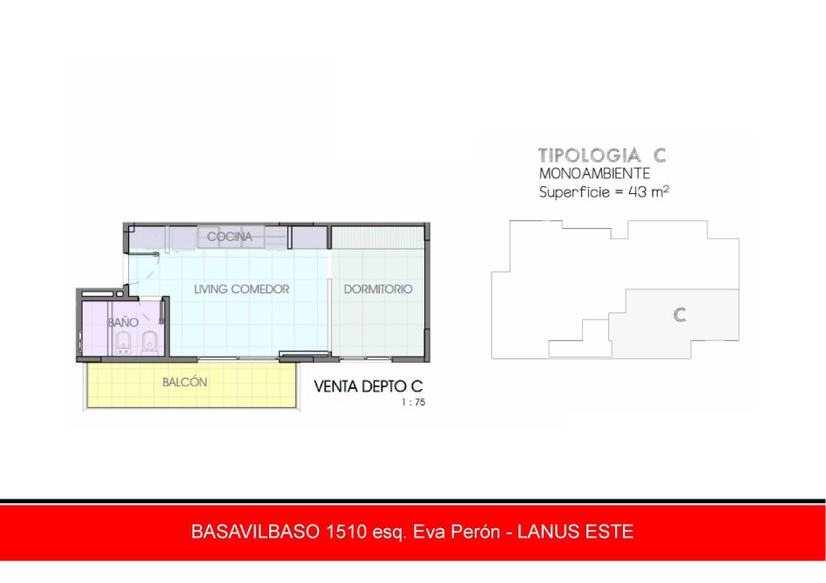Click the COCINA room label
point(229,237)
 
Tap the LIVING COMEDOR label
point(241,289)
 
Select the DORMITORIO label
point(377,289)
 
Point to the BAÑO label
point(123,322)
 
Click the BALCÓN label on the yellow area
point(185,382)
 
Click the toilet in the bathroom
point(150,343)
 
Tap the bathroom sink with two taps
point(124,343)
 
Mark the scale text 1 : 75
point(413,403)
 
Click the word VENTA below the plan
point(336,386)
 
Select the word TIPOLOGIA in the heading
point(590,155)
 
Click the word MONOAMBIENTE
point(594,174)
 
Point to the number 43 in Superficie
point(638,192)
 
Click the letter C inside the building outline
point(680,315)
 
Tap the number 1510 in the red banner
point(347,532)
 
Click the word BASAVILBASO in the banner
point(255,532)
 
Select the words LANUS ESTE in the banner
point(575,532)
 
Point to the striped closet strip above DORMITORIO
point(377,238)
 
